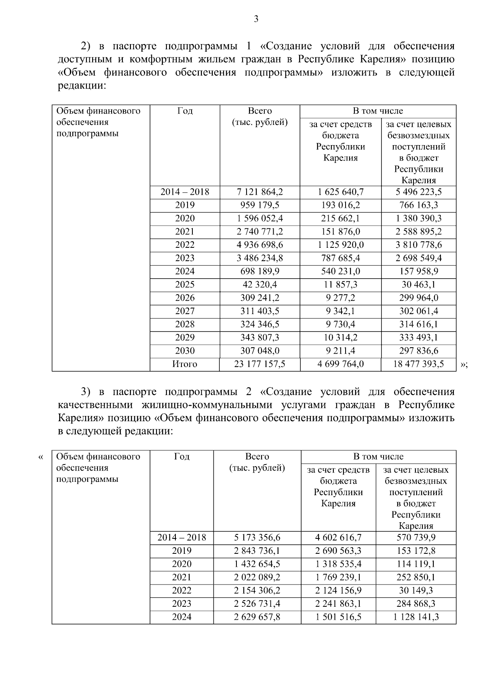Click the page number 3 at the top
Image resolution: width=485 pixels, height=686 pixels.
click(x=256, y=19)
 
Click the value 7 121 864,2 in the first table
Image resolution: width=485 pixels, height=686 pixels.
click(x=260, y=192)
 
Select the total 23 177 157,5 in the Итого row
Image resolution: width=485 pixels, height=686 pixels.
click(x=260, y=364)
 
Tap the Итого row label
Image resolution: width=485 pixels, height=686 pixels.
click(x=185, y=364)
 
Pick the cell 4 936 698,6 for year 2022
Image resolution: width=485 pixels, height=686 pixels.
click(x=260, y=245)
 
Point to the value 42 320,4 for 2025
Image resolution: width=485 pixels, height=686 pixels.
click(x=260, y=285)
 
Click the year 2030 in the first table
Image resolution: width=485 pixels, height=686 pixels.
click(x=185, y=351)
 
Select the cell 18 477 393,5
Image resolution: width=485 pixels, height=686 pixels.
click(x=418, y=364)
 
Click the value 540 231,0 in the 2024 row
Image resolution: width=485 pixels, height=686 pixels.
click(x=340, y=271)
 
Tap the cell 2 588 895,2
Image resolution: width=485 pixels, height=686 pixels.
click(x=418, y=232)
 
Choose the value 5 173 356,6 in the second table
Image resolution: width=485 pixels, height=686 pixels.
click(x=257, y=538)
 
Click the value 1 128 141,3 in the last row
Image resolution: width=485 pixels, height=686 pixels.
click(x=415, y=617)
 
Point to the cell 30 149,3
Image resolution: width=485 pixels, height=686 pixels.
click(x=415, y=591)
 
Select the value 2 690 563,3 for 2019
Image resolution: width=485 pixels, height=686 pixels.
click(x=338, y=551)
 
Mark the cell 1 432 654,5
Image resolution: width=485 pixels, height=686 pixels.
click(x=257, y=564)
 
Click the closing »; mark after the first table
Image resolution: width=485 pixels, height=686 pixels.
click(x=464, y=365)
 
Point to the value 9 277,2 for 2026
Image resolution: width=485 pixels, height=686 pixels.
click(x=340, y=298)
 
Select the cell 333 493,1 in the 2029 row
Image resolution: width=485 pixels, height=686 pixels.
click(x=418, y=338)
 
